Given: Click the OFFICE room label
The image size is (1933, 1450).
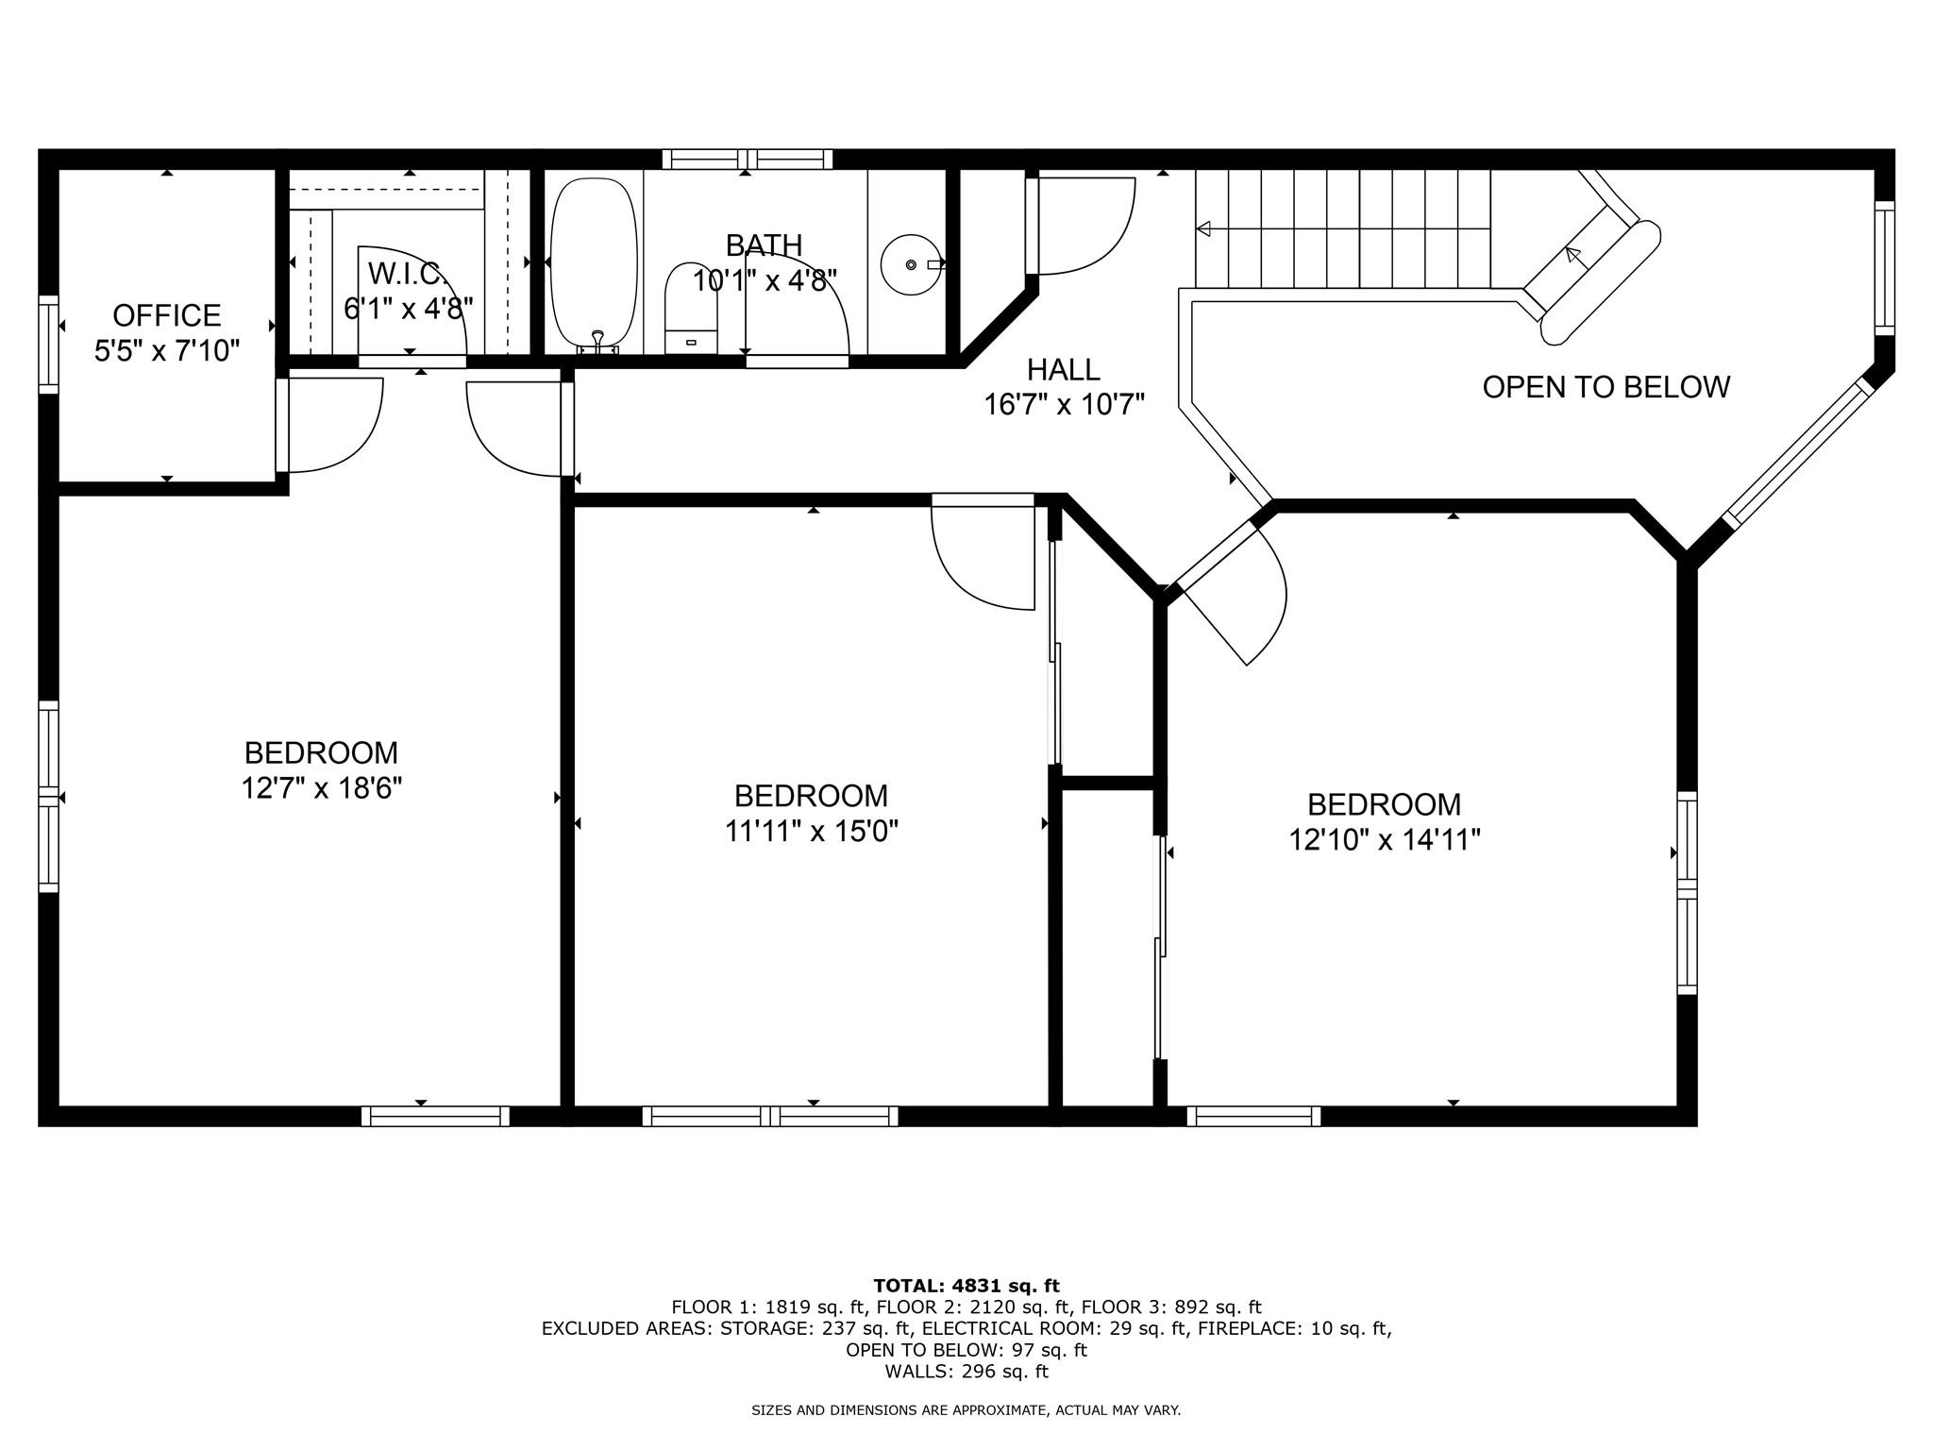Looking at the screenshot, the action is [167, 314].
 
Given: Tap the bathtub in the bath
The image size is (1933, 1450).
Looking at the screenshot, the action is [594, 262].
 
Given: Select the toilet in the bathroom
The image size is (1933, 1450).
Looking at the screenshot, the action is [691, 308].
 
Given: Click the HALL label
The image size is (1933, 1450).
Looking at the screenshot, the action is [1064, 369].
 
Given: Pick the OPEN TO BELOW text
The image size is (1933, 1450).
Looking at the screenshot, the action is [1606, 387].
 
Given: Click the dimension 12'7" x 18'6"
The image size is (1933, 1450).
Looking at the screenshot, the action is [322, 787].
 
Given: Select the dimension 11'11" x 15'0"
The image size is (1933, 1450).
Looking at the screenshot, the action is [812, 831].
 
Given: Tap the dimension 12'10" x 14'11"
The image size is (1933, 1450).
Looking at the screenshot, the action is [1385, 839].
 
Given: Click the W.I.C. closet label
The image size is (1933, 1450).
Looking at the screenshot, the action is [408, 274].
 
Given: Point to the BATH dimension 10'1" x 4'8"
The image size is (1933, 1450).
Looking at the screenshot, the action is [765, 280].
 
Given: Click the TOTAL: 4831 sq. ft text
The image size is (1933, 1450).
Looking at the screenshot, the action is [966, 1286].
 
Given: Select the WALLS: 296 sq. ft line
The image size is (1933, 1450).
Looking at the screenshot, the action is [966, 1372].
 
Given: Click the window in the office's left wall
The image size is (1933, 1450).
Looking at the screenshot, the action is [48, 344].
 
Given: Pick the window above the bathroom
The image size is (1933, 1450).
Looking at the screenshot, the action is [748, 159].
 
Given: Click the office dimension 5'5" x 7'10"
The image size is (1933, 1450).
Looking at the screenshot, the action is [167, 351].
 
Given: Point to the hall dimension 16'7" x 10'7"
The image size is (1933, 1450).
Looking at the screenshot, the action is [1065, 405].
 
